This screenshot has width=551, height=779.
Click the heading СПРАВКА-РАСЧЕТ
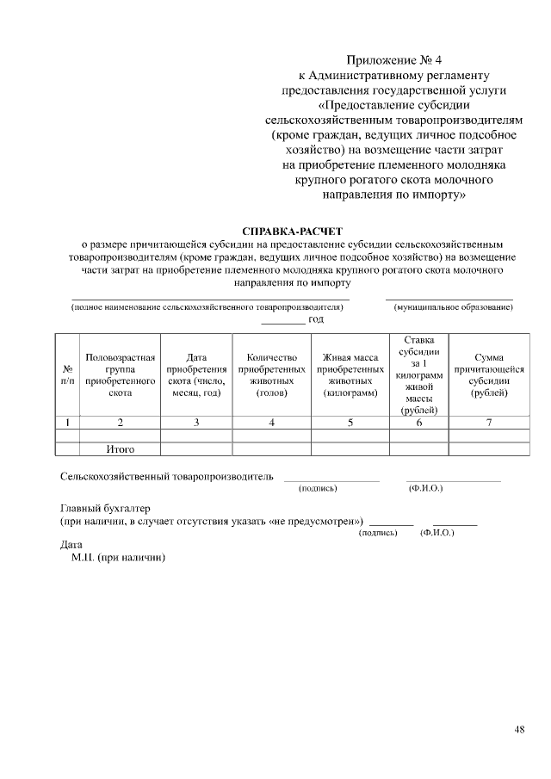tap(293, 232)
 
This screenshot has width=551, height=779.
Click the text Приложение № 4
tap(393, 60)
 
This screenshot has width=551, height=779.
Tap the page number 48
tap(519, 730)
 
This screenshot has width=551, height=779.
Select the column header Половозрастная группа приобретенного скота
tap(120, 374)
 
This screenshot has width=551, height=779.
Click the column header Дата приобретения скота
tap(195, 374)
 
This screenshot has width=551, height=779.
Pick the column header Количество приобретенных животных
tap(271, 374)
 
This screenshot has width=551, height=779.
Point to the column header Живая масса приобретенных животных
tap(350, 374)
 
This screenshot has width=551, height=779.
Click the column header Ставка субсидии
tap(418, 374)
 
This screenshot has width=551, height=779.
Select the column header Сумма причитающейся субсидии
tap(488, 374)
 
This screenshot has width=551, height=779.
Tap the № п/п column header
tap(67, 374)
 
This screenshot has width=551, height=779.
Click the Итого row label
tap(120, 448)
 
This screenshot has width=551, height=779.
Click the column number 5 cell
tap(350, 422)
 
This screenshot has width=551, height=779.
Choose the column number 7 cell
tap(488, 422)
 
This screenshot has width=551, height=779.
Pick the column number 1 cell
tap(67, 422)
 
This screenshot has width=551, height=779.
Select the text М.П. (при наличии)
tap(118, 557)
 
